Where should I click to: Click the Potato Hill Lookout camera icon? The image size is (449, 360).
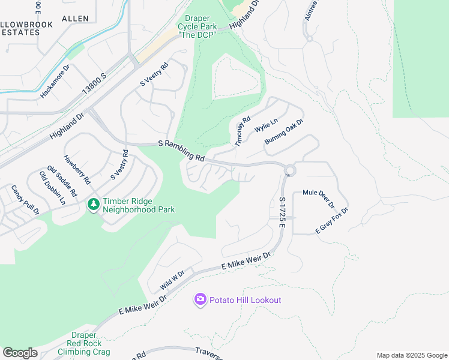click(200, 299)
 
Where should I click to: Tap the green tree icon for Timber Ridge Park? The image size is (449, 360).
click(93, 205)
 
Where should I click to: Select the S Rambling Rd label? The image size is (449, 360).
click(181, 152)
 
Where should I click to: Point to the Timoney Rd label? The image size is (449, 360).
click(242, 131)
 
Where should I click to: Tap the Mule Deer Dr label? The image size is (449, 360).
click(319, 198)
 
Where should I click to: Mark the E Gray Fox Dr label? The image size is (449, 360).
click(332, 221)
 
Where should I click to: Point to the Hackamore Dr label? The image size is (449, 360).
click(55, 82)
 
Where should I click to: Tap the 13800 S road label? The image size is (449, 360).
click(94, 84)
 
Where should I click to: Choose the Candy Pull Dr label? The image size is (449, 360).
click(25, 200)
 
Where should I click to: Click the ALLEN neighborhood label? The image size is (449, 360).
click(75, 19)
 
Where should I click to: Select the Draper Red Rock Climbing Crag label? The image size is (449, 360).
click(84, 343)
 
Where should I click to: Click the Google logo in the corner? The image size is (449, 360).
click(20, 353)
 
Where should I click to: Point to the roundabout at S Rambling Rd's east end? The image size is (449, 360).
click(290, 171)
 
